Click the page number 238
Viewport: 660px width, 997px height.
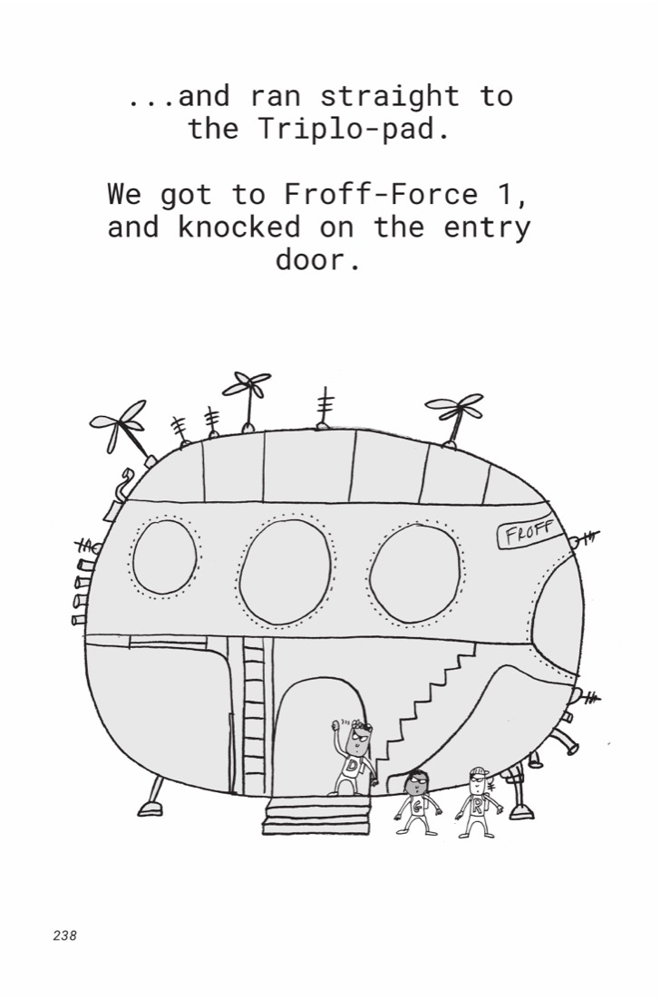point(65,935)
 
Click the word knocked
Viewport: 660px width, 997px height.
point(239,227)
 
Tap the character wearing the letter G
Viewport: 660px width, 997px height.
point(417,801)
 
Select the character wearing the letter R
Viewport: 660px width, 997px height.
point(479,801)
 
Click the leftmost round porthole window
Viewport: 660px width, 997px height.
point(165,557)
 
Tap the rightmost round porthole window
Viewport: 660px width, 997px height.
point(414,573)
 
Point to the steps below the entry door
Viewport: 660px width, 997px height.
point(316,815)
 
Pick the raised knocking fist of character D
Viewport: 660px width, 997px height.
point(336,725)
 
